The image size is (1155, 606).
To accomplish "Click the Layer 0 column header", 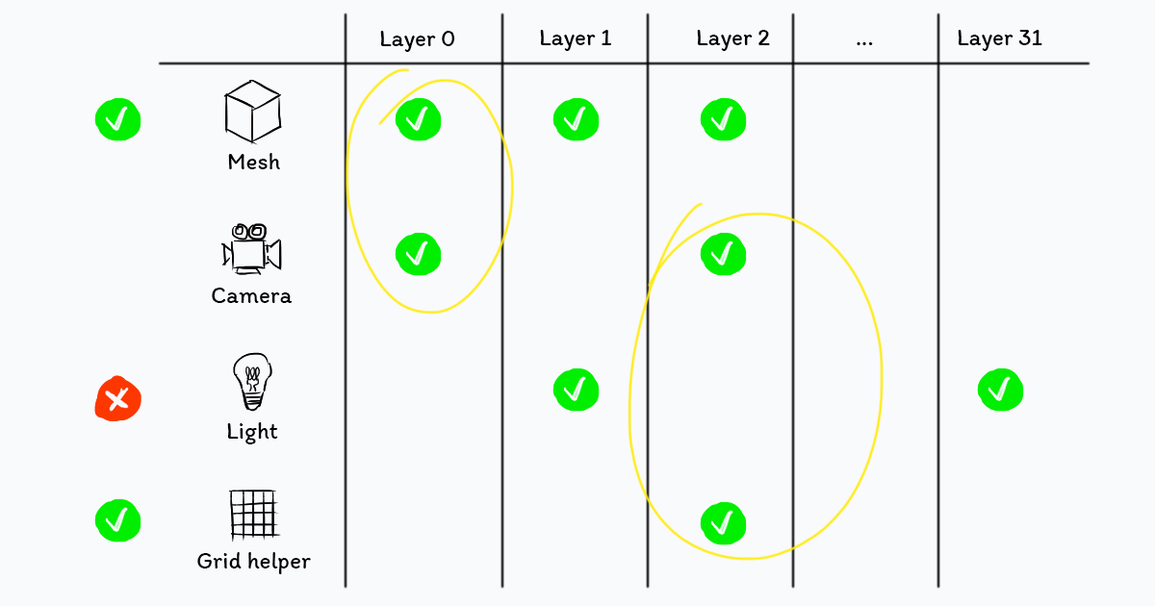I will [417, 39].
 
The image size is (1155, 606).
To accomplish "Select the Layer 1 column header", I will [575, 38].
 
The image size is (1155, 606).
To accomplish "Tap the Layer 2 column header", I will [732, 39].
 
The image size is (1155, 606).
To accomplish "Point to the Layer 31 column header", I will [999, 38].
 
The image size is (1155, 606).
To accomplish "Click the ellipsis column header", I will [863, 40].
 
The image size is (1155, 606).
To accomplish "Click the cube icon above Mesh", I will [252, 112].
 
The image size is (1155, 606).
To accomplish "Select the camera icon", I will [252, 248].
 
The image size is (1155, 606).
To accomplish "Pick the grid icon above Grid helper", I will [253, 515].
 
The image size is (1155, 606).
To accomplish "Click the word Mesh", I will [253, 162].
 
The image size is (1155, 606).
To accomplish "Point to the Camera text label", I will [251, 295].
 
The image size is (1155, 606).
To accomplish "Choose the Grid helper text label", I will [253, 561].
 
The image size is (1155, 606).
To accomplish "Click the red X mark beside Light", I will [118, 398].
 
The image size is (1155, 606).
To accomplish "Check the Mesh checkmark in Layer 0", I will [418, 120].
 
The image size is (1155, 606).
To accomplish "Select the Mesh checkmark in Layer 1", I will [576, 120].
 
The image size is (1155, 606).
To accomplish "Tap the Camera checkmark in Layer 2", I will [723, 254].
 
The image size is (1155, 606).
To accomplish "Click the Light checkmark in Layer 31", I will [1000, 390].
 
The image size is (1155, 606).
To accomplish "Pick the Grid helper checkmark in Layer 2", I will [723, 523].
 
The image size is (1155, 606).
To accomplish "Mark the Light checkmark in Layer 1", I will [576, 390].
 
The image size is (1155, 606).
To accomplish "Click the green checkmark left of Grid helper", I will [118, 520].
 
